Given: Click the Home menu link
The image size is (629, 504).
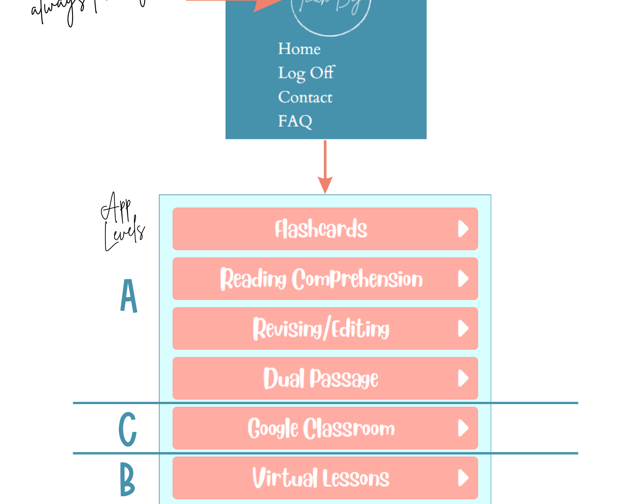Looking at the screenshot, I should (299, 49).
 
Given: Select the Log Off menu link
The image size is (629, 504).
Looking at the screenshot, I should (306, 73).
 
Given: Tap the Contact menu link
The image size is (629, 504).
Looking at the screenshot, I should (305, 97).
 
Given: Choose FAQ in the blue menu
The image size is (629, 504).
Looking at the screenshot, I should (295, 121).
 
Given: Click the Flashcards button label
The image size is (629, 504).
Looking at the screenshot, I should (321, 229).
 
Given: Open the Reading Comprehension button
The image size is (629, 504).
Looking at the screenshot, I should (321, 279).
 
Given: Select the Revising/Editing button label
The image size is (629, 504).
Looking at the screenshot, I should (321, 329).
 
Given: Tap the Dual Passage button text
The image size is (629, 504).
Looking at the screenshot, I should (321, 378).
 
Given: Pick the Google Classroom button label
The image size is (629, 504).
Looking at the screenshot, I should (321, 428).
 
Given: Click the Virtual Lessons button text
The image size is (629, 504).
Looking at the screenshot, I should (321, 478).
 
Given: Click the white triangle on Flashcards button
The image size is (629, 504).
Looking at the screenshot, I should (463, 229).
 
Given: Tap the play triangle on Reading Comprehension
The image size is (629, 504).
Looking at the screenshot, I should (463, 279).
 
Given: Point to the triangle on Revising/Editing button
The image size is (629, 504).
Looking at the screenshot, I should (463, 329).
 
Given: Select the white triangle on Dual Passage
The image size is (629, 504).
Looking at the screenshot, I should (463, 378).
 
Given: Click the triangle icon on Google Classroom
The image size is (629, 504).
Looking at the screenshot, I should (463, 428).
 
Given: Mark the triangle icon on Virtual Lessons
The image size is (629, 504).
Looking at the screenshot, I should (463, 478).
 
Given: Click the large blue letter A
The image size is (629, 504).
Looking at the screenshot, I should (129, 296).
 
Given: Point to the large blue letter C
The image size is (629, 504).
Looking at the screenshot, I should (127, 429).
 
